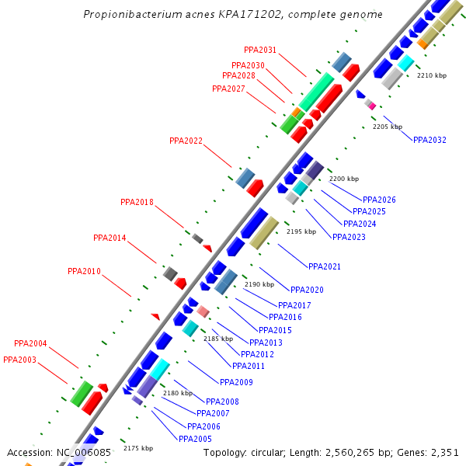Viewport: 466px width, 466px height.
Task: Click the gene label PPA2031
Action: point(260,50)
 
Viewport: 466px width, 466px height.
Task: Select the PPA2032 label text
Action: point(429,140)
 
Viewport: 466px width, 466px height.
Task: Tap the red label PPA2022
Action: point(186,141)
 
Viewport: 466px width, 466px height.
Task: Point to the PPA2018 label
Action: point(137,202)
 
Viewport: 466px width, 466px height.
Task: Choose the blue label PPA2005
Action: point(195,439)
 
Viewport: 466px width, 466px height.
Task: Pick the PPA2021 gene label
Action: point(325,266)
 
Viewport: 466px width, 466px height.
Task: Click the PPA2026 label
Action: point(379,200)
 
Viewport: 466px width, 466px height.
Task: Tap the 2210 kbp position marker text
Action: point(432,75)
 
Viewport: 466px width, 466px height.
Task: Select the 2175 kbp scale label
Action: point(138,448)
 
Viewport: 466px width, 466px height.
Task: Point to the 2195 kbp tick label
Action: point(301,231)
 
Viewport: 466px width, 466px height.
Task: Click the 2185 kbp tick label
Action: point(218,339)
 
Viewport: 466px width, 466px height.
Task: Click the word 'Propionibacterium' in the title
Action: point(128,15)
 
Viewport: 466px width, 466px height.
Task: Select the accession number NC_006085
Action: point(83,452)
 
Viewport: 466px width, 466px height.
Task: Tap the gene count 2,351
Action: point(443,452)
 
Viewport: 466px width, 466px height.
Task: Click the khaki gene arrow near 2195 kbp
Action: point(264,233)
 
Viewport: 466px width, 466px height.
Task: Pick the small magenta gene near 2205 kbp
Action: point(372,105)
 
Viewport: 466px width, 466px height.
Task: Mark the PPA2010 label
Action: point(84,271)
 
